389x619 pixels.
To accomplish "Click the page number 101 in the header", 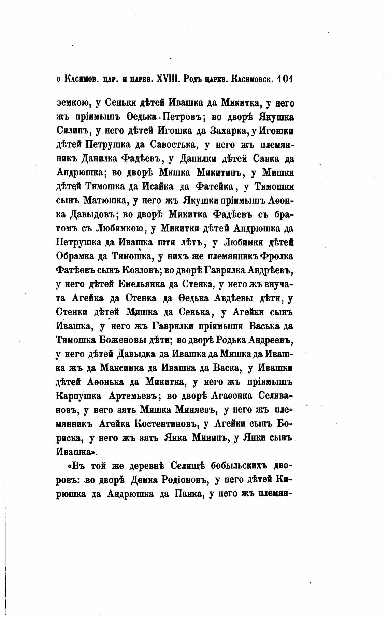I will tap(284, 80).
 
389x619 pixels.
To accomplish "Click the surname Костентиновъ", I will tap(167, 424).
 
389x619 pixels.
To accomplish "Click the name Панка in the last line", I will tap(184, 494).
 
